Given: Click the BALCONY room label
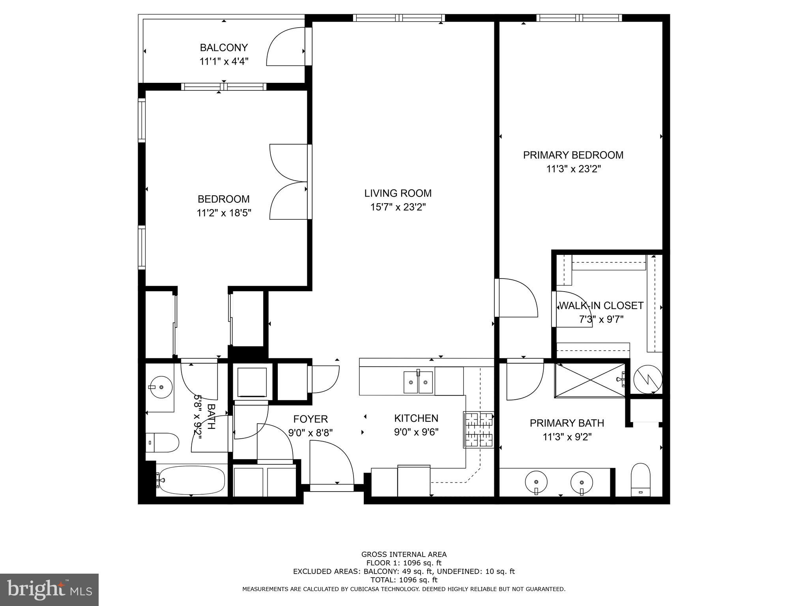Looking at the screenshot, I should click(224, 48).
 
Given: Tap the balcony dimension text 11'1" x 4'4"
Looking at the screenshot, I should click(224, 62).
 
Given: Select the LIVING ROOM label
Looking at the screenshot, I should click(398, 193).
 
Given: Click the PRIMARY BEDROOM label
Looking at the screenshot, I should click(573, 155).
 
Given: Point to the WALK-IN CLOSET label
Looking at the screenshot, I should click(601, 306).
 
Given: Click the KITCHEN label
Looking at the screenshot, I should click(416, 418).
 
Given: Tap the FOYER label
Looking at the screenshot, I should click(310, 419).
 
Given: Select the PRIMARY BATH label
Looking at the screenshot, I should click(567, 423).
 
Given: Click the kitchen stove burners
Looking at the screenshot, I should click(478, 430).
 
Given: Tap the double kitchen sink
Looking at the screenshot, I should click(418, 382).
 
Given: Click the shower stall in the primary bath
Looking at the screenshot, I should click(589, 380).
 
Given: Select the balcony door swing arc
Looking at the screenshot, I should click(285, 47).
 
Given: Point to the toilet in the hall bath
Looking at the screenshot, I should click(163, 443).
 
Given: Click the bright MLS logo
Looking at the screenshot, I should click(49, 589).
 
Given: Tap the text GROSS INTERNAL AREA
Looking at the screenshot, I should click(404, 554).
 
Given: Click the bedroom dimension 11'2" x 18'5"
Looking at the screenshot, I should click(224, 213).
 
